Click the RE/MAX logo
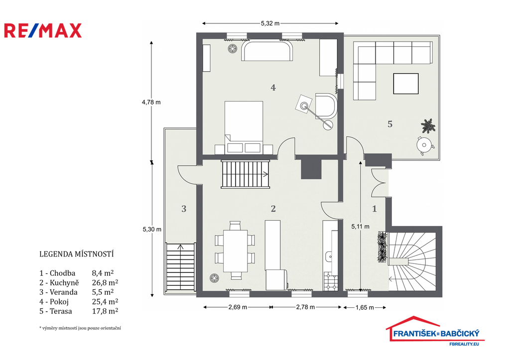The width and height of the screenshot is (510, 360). point(43,30)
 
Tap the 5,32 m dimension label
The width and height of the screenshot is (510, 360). point(270,23)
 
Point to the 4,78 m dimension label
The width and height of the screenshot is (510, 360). point(151,102)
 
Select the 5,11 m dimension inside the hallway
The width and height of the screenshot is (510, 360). point(361,227)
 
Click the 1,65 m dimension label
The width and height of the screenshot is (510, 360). point(365,307)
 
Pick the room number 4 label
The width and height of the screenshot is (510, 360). point(273,88)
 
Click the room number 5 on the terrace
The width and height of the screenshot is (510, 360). point(390,124)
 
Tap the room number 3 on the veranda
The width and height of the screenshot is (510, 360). point(184,209)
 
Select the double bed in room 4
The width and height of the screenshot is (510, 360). point(244,127)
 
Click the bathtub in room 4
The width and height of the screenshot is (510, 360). point(267,51)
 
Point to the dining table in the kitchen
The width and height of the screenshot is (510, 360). point(235,251)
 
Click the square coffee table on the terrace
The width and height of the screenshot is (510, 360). point(405,84)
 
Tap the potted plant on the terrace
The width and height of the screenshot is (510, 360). point(428,126)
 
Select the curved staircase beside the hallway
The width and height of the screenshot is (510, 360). point(412,261)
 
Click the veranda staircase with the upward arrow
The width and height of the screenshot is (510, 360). point(180,267)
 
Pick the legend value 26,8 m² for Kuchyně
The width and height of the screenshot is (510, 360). point(105,283)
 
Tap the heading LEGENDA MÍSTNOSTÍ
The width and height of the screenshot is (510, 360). point(76,254)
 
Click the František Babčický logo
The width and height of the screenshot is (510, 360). point(434,331)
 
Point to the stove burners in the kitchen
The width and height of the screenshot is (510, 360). point(331,282)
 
